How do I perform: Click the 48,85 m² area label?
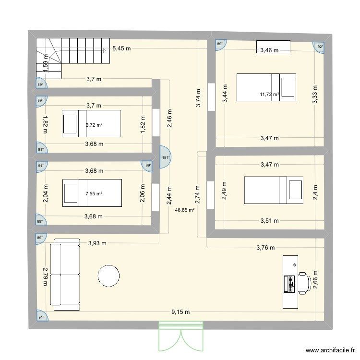[x=185, y=210]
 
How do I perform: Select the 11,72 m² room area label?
[x=269, y=95]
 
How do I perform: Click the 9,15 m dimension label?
[x=180, y=312]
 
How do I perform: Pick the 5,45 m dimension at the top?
[x=122, y=48]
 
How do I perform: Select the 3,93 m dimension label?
[x=97, y=243]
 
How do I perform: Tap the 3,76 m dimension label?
[x=265, y=248]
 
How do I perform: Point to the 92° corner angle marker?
[x=320, y=46]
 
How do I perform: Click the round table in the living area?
[x=108, y=276]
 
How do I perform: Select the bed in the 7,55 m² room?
[x=92, y=193]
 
